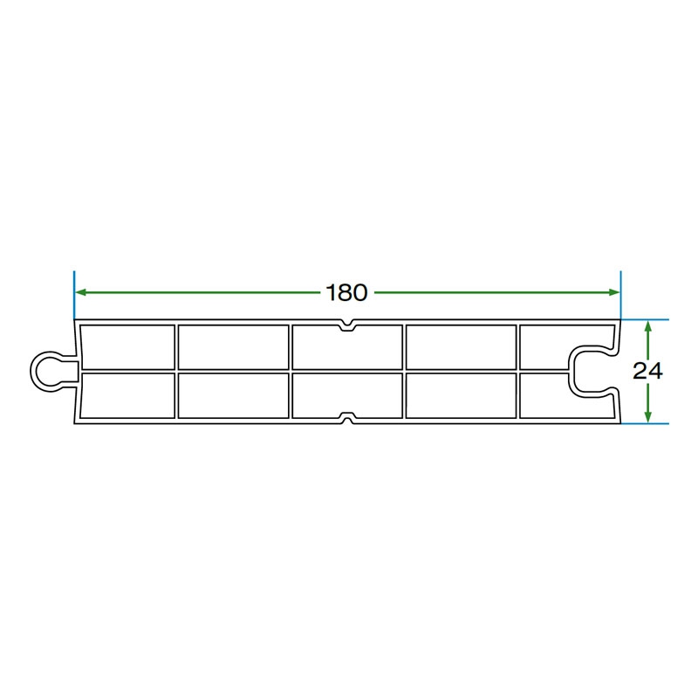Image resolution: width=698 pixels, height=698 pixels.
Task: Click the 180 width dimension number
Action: (x=346, y=292)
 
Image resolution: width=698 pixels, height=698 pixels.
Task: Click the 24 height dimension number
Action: (x=647, y=371)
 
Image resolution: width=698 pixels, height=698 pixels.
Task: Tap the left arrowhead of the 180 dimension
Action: (x=80, y=292)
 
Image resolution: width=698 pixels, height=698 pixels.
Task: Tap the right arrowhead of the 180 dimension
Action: (x=614, y=292)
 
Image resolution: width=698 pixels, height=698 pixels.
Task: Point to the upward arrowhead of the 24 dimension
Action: (x=648, y=326)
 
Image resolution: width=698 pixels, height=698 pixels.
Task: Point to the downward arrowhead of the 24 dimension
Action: (x=648, y=417)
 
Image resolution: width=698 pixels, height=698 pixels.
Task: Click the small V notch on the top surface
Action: (x=347, y=325)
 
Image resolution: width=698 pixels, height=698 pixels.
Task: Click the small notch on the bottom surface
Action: (x=347, y=418)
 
